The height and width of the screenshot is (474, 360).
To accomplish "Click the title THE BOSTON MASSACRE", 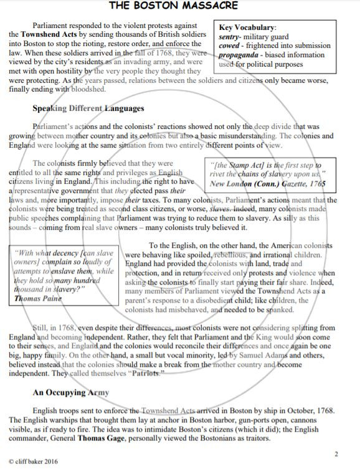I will coord(174,6).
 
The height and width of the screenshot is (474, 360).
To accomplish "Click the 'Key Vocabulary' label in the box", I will coord(248,27).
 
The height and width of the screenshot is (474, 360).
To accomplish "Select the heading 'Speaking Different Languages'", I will coord(88,108).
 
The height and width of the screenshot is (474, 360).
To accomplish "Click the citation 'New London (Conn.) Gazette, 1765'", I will coord(267,184).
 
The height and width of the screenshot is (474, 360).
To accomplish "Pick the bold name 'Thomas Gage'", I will coord(102,438).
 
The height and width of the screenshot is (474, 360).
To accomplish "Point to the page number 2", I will coord(336,454).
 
